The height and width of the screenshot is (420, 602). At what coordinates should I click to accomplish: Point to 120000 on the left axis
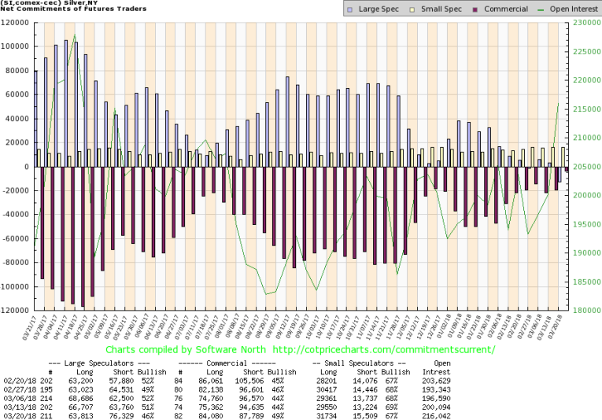(17, 23)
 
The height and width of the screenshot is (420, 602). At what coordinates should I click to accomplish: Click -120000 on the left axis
(15, 311)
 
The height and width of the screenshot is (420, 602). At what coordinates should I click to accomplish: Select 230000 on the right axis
(584, 23)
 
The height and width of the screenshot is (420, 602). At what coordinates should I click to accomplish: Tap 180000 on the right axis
(584, 311)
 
